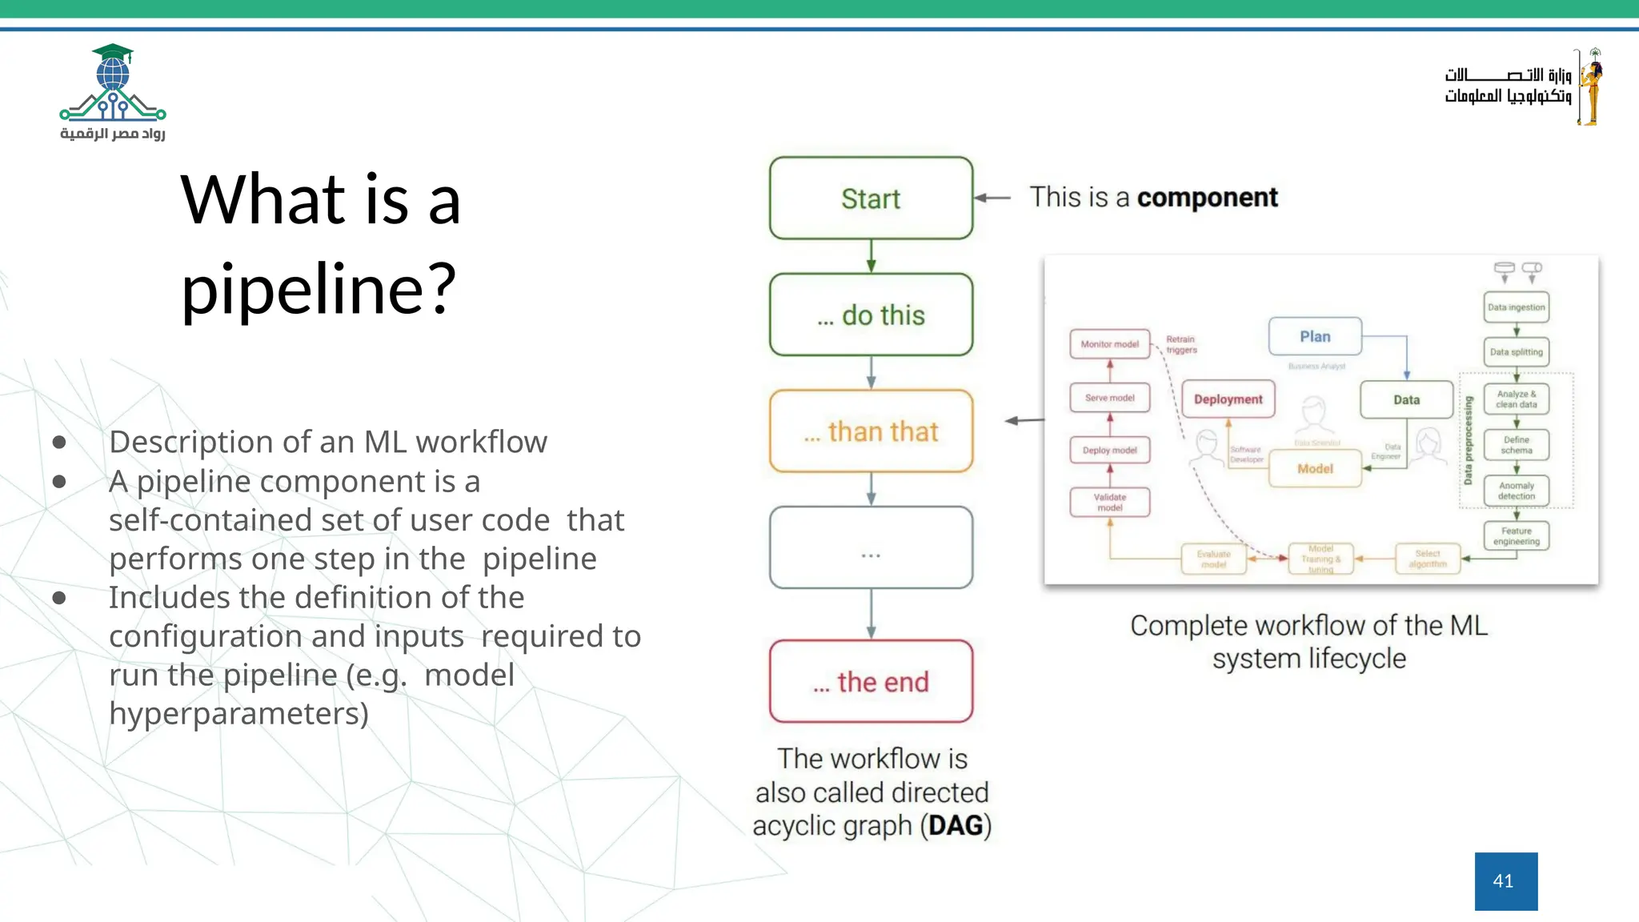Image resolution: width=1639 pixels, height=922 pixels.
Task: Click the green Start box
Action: pos(871,198)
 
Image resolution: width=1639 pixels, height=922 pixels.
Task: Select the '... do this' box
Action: pos(871,315)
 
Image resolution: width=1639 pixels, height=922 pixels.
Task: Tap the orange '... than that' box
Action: pos(871,431)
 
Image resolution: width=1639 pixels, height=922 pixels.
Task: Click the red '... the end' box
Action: pos(871,682)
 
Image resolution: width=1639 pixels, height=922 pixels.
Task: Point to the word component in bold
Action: pos(1207,198)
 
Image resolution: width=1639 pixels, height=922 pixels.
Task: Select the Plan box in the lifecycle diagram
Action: pos(1315,337)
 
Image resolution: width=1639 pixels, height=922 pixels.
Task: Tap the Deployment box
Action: pos(1228,399)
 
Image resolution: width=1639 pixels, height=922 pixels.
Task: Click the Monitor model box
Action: pos(1109,344)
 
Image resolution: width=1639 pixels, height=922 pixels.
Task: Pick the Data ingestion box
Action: pos(1516,307)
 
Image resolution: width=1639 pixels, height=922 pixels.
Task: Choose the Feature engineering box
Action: pos(1516,536)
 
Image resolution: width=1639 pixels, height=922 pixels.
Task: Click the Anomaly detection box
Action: pos(1516,491)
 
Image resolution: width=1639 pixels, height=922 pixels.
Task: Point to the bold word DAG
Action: pos(955,825)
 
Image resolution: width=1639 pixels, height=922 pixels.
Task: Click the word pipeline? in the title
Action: pos(319,288)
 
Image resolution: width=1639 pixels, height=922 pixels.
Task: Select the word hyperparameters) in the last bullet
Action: pos(238,713)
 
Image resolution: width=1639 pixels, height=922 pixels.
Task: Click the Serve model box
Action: pos(1109,398)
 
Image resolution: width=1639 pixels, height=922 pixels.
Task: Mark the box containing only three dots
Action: pos(871,548)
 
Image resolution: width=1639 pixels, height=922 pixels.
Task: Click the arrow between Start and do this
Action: pos(871,256)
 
